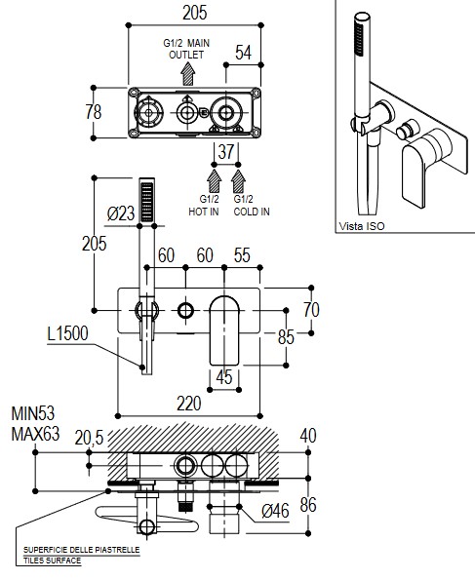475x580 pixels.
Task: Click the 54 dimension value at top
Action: [243, 53]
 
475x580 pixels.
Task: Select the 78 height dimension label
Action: [94, 112]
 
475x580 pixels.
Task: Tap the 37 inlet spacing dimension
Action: [226, 152]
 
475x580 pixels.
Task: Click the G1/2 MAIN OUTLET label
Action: [186, 49]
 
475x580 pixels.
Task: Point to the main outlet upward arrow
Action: [188, 74]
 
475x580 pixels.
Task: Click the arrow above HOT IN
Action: [214, 181]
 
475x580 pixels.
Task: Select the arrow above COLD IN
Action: [238, 181]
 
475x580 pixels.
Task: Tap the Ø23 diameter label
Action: [121, 213]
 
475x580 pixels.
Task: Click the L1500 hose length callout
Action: [67, 333]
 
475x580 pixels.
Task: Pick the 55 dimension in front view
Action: [242, 255]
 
